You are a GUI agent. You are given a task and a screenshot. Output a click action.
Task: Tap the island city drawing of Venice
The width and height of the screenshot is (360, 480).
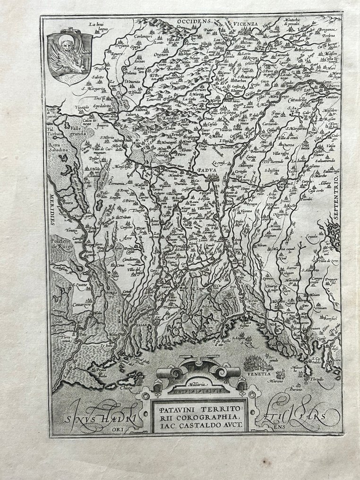click(x=257, y=364)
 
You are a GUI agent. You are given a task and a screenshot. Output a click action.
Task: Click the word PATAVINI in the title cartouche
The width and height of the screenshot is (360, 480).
click(x=180, y=408)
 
